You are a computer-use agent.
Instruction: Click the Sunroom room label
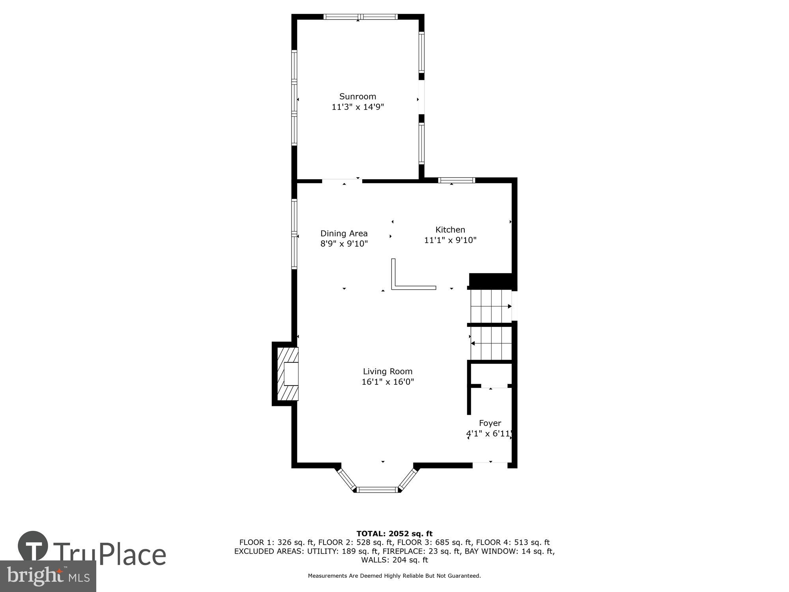coord(357,96)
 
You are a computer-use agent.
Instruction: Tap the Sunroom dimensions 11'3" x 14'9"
coord(357,107)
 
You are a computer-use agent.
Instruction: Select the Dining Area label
coord(344,233)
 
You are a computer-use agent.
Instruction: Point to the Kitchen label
coord(450,230)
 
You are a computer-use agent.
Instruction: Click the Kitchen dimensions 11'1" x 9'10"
coord(450,240)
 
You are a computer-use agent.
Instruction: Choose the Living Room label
coord(387,371)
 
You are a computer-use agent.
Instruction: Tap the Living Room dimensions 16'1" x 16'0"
coord(387,382)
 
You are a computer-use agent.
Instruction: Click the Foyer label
coord(490,423)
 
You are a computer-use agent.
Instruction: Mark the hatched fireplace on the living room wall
coord(287,373)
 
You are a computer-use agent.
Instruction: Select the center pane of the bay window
coord(378,490)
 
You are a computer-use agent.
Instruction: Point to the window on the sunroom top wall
coord(360,17)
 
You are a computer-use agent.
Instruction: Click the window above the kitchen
coord(456,180)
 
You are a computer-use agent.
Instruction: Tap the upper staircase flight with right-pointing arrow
coord(490,306)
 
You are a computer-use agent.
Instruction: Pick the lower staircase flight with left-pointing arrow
coord(490,344)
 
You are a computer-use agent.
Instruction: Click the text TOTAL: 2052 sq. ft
coord(394,534)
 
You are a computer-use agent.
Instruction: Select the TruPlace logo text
coord(109,554)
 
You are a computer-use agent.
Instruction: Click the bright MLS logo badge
coord(48,576)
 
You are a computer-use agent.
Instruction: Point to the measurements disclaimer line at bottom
coord(394,576)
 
